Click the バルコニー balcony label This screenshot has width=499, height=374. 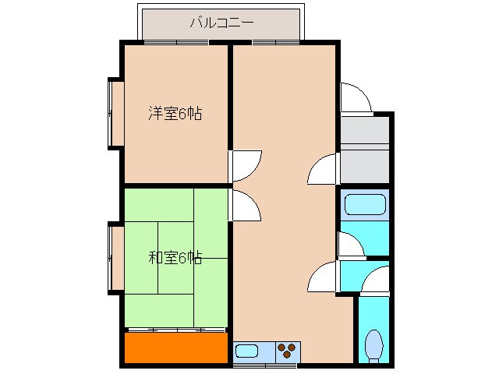click(221, 23)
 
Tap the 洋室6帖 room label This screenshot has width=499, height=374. click(175, 114)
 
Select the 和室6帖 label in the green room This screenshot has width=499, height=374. click(175, 257)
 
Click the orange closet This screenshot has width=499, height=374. click(175, 348)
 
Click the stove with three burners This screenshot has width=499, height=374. click(287, 351)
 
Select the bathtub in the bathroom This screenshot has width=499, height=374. click(363, 205)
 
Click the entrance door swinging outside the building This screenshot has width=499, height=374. click(356, 97)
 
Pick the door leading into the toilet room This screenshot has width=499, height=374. click(377, 280)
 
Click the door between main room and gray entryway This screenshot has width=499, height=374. click(324, 168)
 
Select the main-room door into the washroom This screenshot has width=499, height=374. click(324, 277)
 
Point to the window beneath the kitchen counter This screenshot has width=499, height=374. click(265, 364)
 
